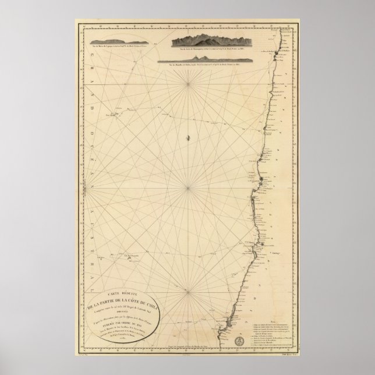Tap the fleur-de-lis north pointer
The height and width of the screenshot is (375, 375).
click(187, 137)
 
